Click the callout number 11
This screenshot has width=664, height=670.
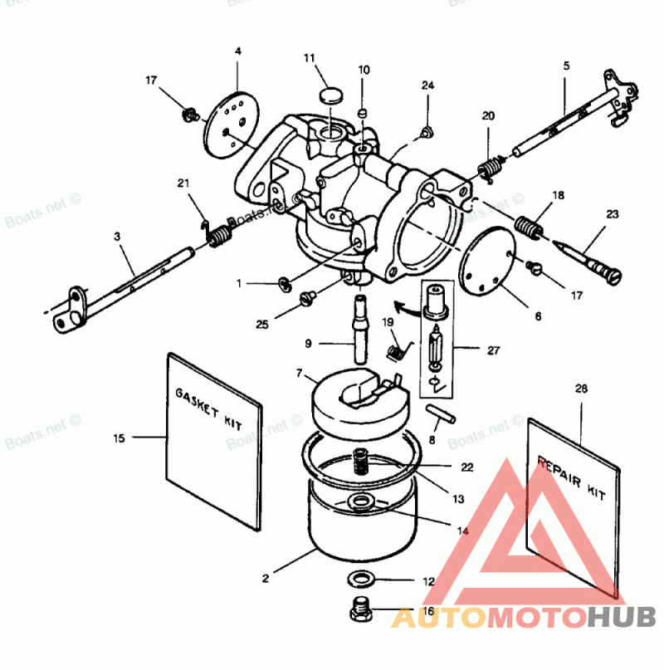pos(310,58)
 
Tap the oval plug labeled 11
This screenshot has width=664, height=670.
pos(330,92)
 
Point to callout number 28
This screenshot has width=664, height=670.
pos(580,389)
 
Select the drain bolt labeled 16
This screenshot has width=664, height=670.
pos(361,613)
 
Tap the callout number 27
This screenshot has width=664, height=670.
pos(494,350)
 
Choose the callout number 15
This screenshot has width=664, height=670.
pos(120,438)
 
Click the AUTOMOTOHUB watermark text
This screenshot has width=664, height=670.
pos(524,618)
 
